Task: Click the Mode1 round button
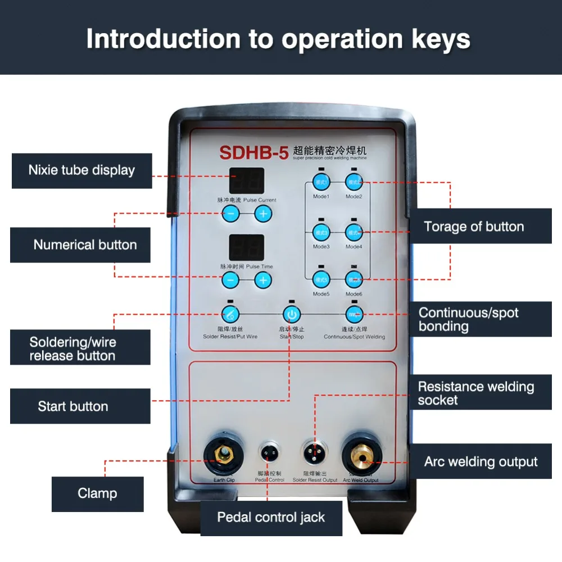click(321, 182)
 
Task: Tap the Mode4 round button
click(353, 231)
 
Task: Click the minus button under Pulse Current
click(230, 213)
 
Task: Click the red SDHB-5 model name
click(253, 153)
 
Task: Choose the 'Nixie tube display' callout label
click(82, 170)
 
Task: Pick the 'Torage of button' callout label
click(474, 226)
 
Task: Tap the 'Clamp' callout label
click(97, 493)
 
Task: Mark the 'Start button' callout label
click(73, 406)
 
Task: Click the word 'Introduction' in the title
click(163, 39)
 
